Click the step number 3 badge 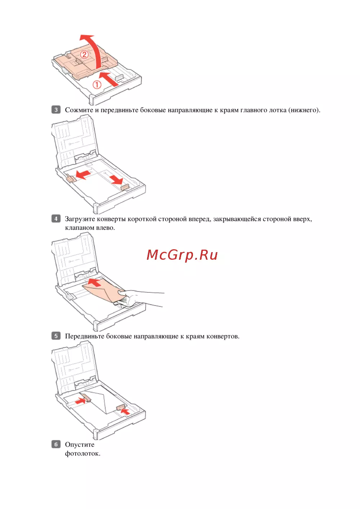tap(56, 110)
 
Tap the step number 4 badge tap(56, 219)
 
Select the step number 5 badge tap(56, 336)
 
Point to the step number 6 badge tap(56, 444)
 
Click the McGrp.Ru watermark tap(182, 255)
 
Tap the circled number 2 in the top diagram tap(84, 55)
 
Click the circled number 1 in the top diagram tap(96, 85)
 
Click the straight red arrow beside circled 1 tap(109, 79)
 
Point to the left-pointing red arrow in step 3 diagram tap(83, 174)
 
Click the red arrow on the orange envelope tap(94, 282)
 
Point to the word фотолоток tap(82, 454)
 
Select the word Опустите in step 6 tap(80, 445)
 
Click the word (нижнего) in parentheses tap(304, 110)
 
